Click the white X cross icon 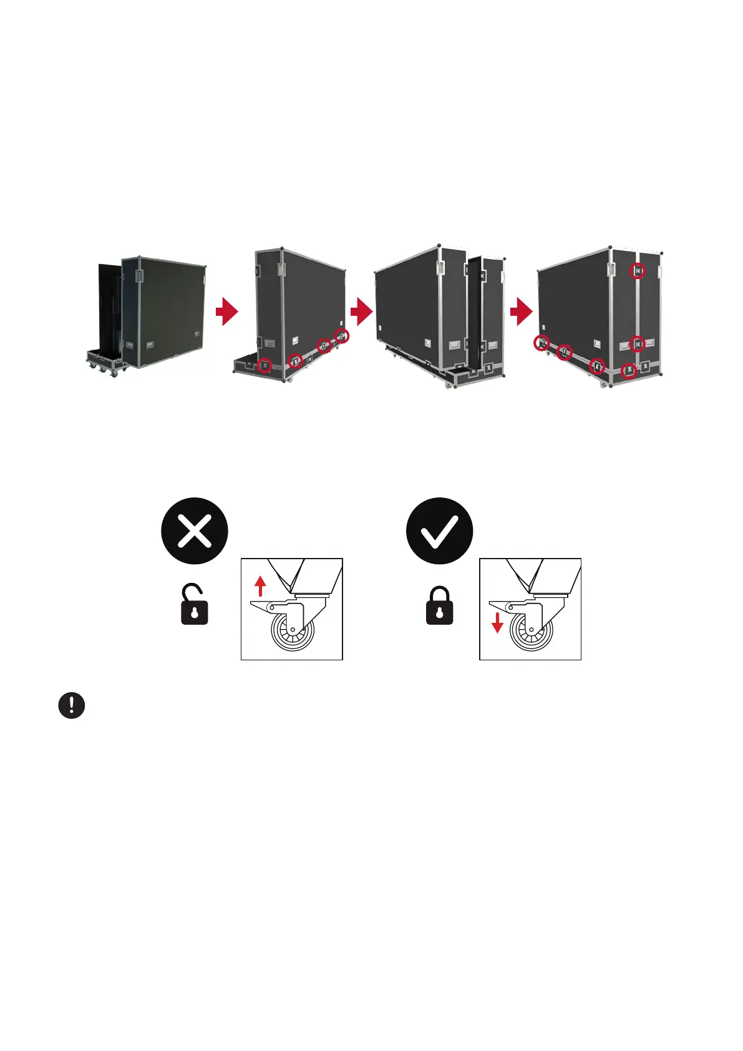pos(195,531)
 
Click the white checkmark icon pos(439,531)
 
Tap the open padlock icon pos(194,604)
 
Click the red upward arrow pos(261,586)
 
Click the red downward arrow pos(497,623)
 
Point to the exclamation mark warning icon pos(72,705)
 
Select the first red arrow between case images pos(228,311)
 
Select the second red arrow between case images pos(362,311)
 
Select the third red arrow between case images pos(522,311)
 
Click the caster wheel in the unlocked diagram pos(292,630)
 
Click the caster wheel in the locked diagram pos(531,630)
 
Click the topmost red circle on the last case pos(637,271)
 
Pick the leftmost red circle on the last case pos(543,342)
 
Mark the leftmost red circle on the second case pos(265,365)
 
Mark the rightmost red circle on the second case pos(342,335)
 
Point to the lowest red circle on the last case pos(629,371)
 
